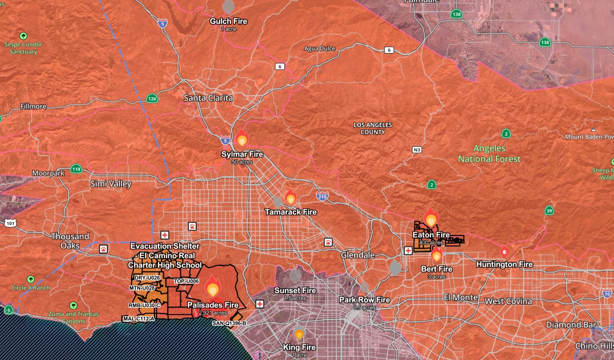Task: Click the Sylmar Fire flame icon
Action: tap(242, 138)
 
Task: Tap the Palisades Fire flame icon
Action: tap(213, 286)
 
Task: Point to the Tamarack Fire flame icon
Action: tap(291, 197)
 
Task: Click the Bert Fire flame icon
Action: tap(436, 254)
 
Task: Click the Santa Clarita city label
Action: tap(208, 98)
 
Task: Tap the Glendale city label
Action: tap(358, 255)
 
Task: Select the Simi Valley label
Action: tap(111, 184)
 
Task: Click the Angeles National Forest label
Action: tap(489, 154)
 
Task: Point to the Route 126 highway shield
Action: tap(152, 99)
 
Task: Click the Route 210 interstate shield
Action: tap(322, 196)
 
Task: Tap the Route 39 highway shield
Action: tap(549, 211)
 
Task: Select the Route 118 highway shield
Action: tap(76, 169)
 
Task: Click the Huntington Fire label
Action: tap(504, 264)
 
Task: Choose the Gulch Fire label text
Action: tap(228, 21)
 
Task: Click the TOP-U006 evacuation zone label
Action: tap(186, 281)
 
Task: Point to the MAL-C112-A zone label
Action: tap(139, 319)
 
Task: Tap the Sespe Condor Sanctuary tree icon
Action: tap(23, 36)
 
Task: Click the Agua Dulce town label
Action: tap(320, 48)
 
